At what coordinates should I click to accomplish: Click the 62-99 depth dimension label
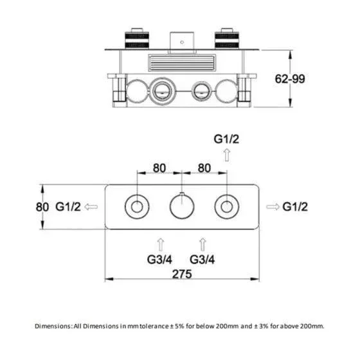click(290, 78)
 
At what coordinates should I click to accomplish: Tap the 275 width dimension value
click(182, 274)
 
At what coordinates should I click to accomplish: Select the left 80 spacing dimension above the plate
click(159, 168)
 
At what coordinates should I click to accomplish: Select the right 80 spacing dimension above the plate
click(204, 168)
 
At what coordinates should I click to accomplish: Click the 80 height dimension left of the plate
click(42, 207)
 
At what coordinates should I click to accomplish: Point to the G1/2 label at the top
click(226, 139)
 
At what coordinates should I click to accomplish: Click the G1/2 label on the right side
click(295, 206)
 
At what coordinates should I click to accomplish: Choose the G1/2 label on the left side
click(68, 206)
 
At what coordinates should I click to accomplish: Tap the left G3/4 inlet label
click(159, 260)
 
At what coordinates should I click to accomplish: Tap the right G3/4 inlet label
click(203, 260)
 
